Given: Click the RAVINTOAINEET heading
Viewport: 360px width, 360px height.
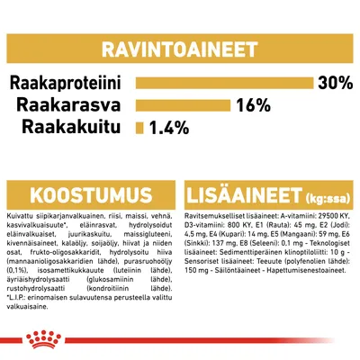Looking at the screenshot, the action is pos(179,48).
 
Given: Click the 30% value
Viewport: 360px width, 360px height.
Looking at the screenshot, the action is pos(335,84).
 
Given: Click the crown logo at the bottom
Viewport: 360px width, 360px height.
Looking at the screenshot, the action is pos(180,341).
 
